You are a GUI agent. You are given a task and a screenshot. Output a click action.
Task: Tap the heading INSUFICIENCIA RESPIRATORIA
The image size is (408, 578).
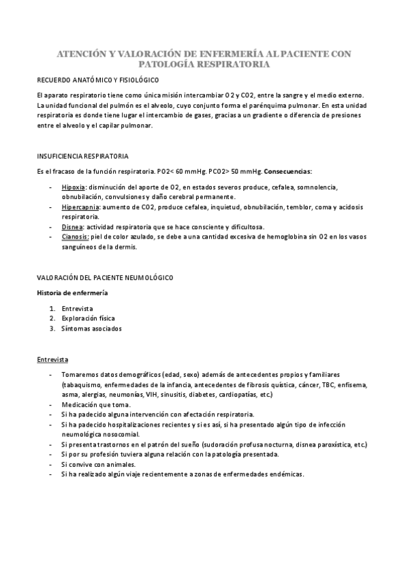[81, 156]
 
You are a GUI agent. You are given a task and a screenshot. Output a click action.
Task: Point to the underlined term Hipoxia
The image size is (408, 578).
[73, 186]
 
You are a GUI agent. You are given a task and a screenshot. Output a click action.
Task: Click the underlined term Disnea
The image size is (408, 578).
[72, 227]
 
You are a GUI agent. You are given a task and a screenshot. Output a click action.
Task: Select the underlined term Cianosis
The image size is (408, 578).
[74, 237]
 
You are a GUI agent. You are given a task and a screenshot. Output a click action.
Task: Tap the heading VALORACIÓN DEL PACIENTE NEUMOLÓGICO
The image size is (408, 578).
[105, 278]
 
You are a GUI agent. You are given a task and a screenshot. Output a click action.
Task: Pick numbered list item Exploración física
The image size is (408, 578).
[88, 318]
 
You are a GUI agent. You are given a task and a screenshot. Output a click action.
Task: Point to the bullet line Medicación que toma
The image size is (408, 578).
[94, 404]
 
